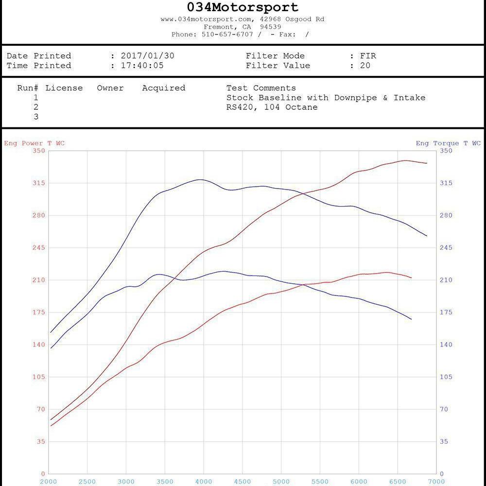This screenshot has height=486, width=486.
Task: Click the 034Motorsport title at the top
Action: (x=243, y=7)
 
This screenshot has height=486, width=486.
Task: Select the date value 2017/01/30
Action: (x=147, y=56)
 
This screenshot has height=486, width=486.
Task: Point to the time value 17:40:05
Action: (x=142, y=66)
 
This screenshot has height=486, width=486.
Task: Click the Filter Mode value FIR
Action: (x=368, y=56)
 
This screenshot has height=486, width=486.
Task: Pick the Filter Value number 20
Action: (x=365, y=66)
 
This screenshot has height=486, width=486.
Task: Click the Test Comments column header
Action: (x=261, y=88)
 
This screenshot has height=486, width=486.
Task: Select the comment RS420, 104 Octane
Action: (x=272, y=107)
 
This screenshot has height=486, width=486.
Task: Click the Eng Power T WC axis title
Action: (x=35, y=143)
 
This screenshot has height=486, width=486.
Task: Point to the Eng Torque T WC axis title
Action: (x=448, y=143)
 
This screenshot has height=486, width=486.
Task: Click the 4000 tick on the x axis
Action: (x=204, y=481)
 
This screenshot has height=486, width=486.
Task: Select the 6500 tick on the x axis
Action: (x=398, y=481)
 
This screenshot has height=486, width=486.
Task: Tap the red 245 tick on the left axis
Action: (x=39, y=248)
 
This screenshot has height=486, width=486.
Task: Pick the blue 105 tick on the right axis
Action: (x=446, y=377)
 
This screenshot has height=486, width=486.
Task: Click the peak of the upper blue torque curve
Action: (x=200, y=179)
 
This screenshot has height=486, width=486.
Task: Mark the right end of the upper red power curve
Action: (x=427, y=163)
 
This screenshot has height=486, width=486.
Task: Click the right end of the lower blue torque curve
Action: (x=411, y=319)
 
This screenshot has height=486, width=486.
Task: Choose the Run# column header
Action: (x=28, y=88)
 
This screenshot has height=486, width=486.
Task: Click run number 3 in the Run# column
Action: (x=36, y=117)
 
